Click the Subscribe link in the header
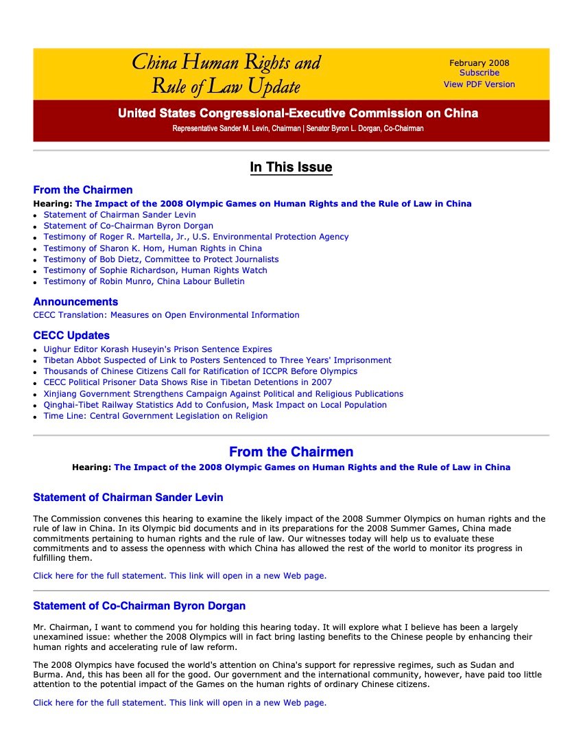pos(479,73)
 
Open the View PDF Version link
pos(479,84)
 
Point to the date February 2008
pos(479,63)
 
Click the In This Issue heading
pos(291,167)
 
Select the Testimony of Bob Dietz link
pos(161,259)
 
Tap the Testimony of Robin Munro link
pos(144,281)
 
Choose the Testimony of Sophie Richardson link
pos(156,270)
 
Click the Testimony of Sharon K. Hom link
pos(153,248)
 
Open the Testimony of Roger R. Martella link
pos(196,237)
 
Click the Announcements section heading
pos(75,302)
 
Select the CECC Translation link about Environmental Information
pos(166,315)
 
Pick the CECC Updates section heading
pos(71,336)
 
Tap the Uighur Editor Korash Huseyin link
pos(158,349)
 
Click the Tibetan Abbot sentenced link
pos(217,360)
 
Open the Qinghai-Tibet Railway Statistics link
pos(215,405)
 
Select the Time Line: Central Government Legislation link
pos(156,416)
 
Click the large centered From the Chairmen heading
pos(291,452)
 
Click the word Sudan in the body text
pos(499,665)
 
